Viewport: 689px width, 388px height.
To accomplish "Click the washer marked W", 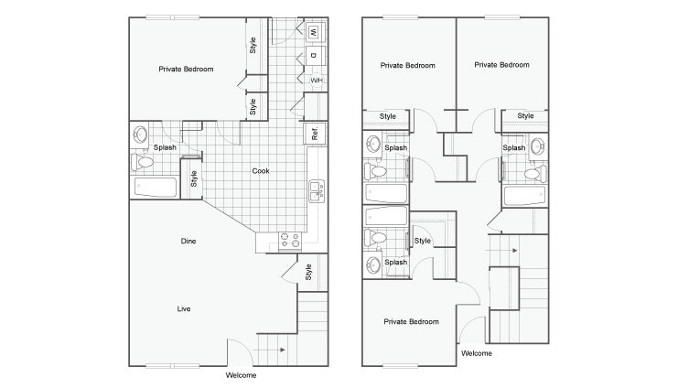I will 314,33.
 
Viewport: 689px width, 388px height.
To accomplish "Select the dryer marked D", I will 314,57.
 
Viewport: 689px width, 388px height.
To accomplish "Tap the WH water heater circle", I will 317,81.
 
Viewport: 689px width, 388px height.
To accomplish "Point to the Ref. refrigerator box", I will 315,133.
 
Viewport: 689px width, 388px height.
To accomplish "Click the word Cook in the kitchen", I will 260,171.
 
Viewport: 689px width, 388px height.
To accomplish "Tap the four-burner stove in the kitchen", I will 290,240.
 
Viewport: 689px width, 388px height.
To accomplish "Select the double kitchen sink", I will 316,191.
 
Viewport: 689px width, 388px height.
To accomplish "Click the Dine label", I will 188,241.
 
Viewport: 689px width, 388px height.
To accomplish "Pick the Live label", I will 184,309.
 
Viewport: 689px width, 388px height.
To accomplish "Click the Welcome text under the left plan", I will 241,375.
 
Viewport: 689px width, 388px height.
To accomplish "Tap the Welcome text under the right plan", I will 477,353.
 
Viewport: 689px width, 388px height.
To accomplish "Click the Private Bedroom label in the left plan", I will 186,69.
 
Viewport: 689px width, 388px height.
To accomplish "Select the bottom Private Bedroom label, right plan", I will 411,321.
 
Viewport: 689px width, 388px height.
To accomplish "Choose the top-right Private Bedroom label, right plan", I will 501,65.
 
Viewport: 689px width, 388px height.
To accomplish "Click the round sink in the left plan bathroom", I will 140,135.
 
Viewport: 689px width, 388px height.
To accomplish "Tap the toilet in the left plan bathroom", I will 142,162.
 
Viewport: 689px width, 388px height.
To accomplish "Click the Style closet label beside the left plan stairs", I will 309,272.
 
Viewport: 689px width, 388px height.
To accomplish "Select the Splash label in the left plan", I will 165,147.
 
